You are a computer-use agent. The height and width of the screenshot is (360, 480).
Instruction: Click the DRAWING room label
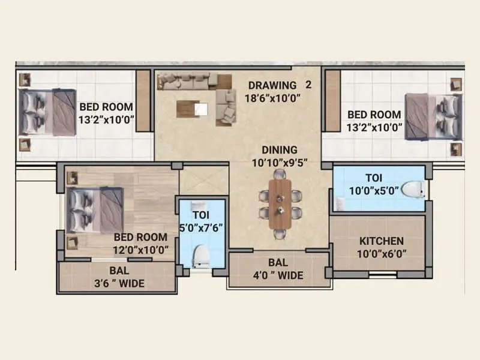coord(272,85)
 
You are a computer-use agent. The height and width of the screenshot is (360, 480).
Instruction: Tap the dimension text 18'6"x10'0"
coord(272,97)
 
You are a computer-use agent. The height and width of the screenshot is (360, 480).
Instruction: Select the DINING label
coord(281,150)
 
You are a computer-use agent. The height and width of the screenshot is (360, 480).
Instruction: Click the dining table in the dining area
coord(280,204)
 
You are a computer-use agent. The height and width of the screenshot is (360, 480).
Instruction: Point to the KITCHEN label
coord(382,241)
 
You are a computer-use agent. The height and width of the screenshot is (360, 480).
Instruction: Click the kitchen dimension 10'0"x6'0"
coord(382,253)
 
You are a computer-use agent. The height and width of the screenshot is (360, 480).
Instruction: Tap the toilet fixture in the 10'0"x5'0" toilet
coord(413,190)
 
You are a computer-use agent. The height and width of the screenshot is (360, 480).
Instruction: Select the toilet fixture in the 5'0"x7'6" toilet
coord(200,257)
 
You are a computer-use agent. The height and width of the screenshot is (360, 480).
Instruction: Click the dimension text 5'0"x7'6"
coord(200,228)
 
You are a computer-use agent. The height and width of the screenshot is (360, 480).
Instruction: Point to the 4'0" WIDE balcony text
coord(278,275)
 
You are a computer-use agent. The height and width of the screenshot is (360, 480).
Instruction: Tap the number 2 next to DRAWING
coord(309,85)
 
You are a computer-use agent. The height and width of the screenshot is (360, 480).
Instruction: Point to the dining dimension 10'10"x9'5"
coord(281,162)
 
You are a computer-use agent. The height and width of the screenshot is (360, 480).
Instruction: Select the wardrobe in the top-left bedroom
coord(143,100)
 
